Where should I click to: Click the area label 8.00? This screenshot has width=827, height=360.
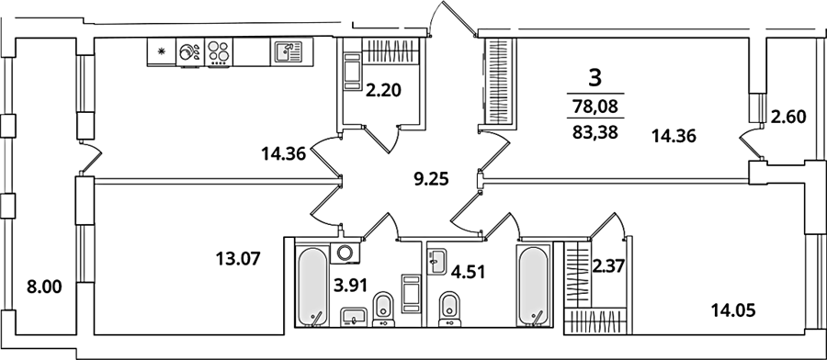click(45, 287)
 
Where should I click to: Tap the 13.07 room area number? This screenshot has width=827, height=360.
click(238, 259)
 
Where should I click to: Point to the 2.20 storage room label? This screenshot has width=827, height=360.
click(384, 91)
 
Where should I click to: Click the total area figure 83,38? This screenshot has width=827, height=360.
click(595, 129)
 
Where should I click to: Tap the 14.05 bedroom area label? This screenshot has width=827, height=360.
click(733, 310)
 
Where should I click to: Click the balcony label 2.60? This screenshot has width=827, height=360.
click(788, 117)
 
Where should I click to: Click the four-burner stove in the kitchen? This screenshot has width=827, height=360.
click(219, 52)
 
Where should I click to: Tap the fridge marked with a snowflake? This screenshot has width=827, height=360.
click(162, 51)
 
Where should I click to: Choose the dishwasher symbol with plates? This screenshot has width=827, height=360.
click(190, 52)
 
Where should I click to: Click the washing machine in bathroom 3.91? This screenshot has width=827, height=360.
click(345, 252)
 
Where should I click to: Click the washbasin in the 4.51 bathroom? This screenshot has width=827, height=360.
click(436, 262)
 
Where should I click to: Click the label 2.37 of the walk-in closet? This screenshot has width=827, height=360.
click(608, 265)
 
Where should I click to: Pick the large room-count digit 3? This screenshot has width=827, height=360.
click(595, 79)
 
